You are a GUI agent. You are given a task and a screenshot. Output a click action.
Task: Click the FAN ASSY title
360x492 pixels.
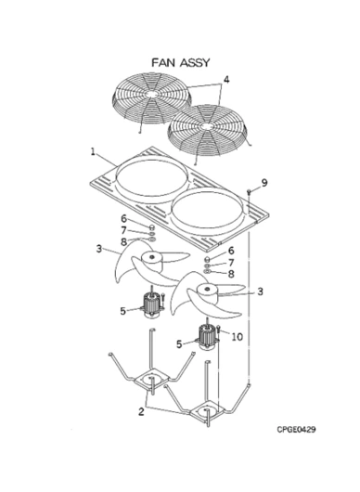click(x=180, y=62)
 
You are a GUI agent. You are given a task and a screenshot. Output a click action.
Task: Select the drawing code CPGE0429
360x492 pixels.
click(x=296, y=429)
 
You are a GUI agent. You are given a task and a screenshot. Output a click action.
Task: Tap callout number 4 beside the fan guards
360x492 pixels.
click(x=225, y=80)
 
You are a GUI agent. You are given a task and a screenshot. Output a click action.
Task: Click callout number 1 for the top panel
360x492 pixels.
click(x=93, y=152)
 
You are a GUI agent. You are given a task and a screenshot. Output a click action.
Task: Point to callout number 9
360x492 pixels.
click(x=264, y=183)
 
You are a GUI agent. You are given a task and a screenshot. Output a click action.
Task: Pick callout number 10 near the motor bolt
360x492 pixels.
click(x=238, y=337)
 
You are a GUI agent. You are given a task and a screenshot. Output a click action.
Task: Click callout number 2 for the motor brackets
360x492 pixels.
click(x=141, y=411)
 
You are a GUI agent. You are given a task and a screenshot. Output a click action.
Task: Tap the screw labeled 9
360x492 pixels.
click(x=249, y=192)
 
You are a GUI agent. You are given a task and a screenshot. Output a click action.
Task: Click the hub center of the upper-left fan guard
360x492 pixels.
click(x=151, y=95)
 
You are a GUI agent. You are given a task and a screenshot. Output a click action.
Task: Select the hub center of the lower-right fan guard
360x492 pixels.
click(x=206, y=126)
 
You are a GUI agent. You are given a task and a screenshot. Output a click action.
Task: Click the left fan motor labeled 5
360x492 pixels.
click(x=151, y=304)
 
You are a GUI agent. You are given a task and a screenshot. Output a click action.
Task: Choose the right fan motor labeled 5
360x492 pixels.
click(x=207, y=338)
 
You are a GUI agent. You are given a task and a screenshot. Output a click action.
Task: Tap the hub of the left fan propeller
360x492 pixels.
click(x=152, y=262)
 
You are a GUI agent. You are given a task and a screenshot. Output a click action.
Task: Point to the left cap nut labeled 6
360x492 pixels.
click(x=151, y=227)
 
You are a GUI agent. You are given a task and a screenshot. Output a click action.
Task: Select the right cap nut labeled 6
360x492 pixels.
click(x=207, y=259)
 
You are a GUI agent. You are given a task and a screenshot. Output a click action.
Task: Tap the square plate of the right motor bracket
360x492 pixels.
click(x=207, y=411)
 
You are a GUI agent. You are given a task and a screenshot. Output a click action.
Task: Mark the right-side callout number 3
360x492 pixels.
click(x=260, y=291)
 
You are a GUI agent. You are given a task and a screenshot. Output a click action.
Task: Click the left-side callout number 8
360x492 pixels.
click(x=124, y=242)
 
